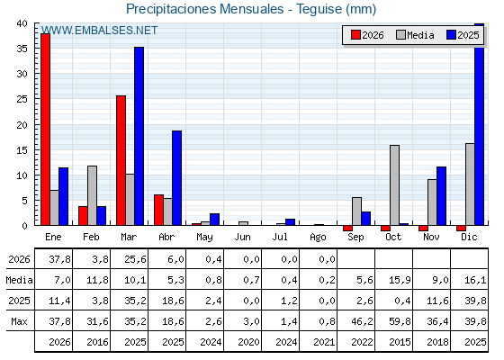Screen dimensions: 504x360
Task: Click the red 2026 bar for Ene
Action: pos(46,130)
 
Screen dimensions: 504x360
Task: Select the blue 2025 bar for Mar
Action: pos(139,136)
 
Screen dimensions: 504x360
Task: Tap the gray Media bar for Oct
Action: pos(395,185)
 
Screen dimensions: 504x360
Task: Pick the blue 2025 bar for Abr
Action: pos(176,178)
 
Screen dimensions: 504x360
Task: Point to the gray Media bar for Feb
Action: pos(92,195)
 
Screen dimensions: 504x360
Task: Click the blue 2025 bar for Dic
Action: pos(479,124)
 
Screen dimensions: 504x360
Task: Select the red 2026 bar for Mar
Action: pos(121,160)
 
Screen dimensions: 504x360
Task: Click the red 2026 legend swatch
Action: pos(355,35)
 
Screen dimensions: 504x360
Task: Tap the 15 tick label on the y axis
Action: pos(22,150)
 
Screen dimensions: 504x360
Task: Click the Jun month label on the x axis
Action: pos(242,238)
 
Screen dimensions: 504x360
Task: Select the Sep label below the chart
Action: pos(355,238)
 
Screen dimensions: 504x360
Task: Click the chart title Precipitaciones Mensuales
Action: pos(205,9)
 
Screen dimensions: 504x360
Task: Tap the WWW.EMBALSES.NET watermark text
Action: pos(99,31)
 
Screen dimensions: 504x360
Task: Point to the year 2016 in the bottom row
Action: pos(97,342)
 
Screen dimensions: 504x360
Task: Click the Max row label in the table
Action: pos(19,321)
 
